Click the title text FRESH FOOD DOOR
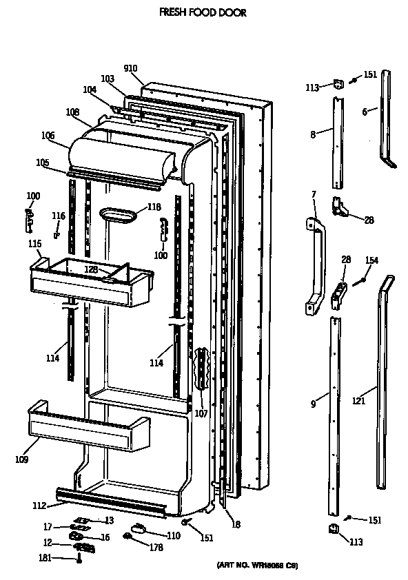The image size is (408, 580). click(x=203, y=12)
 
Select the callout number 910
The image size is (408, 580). click(x=131, y=68)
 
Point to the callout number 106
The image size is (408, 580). click(x=48, y=136)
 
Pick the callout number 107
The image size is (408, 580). click(x=201, y=414)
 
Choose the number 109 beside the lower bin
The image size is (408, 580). click(x=21, y=457)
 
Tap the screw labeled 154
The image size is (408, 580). click(x=360, y=280)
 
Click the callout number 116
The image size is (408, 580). click(x=59, y=216)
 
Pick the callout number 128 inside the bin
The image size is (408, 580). click(x=92, y=269)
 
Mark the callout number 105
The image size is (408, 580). click(x=43, y=163)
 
